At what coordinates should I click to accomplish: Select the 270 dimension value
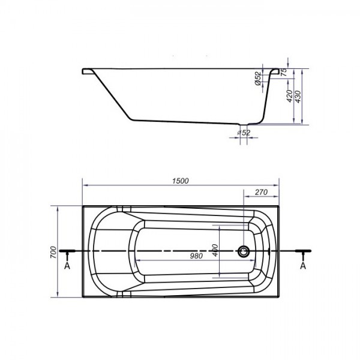click(x=261, y=193)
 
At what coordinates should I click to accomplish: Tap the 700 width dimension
click(x=53, y=252)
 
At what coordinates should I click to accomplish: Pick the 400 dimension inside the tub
click(x=214, y=250)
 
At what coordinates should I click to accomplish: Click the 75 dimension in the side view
click(x=284, y=71)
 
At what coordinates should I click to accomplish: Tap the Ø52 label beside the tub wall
click(x=257, y=79)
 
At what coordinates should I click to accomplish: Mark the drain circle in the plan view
click(x=244, y=251)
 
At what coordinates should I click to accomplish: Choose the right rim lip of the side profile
click(x=276, y=71)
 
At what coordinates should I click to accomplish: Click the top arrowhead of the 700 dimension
click(x=57, y=209)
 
